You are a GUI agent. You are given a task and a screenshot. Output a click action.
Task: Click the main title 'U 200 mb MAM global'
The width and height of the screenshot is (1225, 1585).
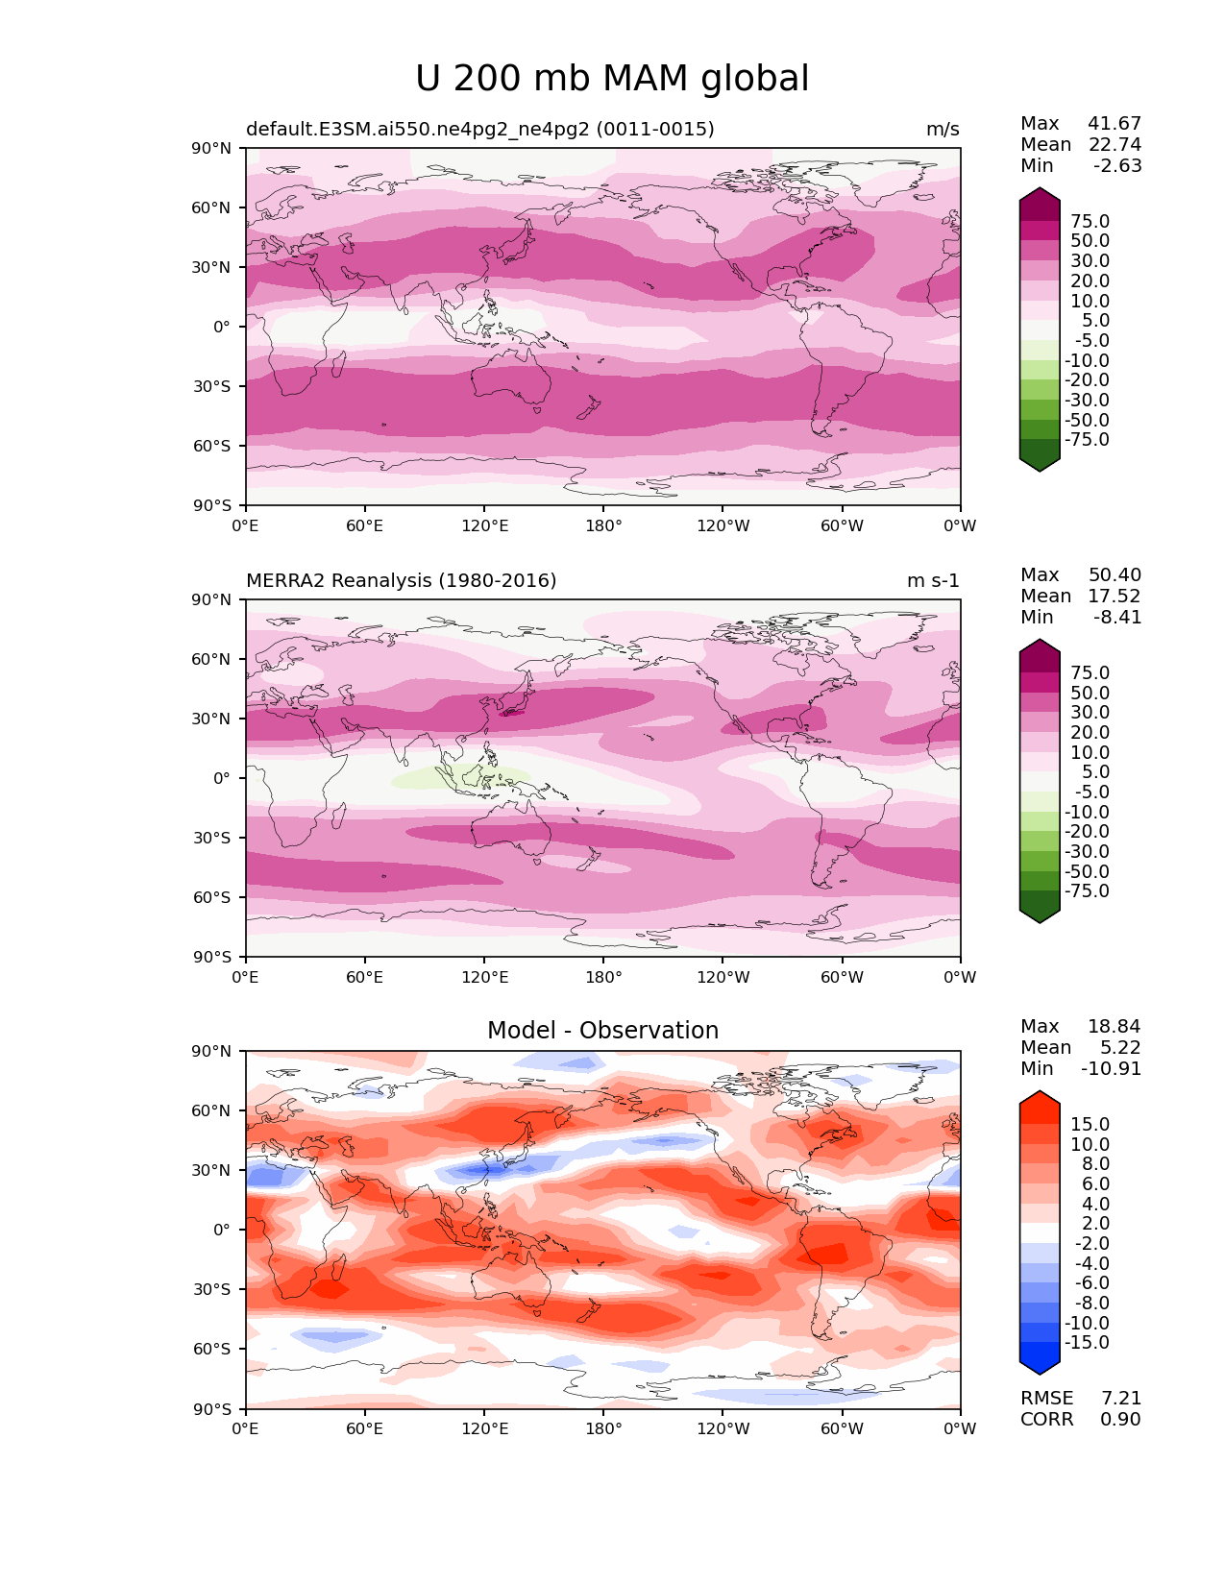612,79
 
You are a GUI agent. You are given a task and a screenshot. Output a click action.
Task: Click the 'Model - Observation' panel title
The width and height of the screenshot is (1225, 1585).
602,1031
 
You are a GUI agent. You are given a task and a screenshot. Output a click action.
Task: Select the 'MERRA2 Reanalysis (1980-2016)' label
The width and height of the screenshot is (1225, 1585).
401,580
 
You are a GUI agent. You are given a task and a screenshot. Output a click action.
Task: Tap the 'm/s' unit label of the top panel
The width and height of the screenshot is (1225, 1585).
942,129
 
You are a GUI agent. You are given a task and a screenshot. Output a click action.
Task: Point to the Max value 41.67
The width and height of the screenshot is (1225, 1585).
1115,123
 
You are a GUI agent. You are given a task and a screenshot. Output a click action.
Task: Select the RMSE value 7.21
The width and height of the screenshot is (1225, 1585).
1120,1398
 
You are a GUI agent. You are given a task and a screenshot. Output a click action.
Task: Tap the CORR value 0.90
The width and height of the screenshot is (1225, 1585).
1120,1419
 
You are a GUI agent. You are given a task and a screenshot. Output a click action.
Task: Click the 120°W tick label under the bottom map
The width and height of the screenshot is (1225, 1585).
723,1428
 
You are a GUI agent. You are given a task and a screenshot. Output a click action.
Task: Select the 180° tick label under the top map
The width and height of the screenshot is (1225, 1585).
603,525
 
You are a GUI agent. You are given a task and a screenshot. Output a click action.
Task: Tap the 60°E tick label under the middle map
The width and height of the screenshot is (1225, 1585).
364,977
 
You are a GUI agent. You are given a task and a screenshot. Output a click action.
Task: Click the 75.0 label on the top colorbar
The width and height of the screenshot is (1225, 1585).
1090,221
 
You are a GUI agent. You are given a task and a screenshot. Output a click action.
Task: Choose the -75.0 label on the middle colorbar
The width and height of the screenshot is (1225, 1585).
1087,890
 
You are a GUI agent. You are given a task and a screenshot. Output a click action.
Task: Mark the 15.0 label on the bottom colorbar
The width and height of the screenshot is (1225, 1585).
1090,1124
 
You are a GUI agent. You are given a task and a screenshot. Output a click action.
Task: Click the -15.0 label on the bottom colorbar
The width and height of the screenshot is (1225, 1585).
1087,1342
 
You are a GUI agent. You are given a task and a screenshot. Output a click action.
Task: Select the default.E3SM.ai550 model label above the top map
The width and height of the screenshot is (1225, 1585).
479,129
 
